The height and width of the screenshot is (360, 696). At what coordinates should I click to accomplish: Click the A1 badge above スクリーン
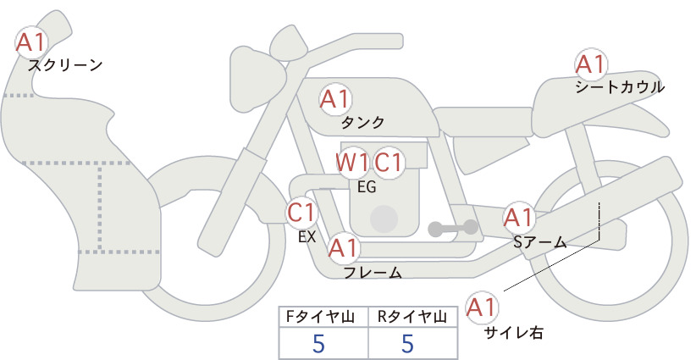31,42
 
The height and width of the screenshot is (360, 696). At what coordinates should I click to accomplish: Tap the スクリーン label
65,65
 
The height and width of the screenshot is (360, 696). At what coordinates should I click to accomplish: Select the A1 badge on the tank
335,99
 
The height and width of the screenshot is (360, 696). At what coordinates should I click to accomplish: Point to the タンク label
362,122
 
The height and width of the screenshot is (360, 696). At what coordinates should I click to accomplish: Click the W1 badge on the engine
351,163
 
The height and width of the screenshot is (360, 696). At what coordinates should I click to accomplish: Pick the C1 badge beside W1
388,163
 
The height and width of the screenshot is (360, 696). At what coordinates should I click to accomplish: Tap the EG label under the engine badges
367,187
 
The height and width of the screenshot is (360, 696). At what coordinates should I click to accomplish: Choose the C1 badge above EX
301,212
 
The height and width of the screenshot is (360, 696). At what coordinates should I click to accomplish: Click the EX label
307,237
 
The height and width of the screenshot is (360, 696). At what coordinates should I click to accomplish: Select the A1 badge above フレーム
344,247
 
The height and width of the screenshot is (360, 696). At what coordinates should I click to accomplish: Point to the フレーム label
373,272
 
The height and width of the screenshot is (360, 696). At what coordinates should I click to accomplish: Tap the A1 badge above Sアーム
518,218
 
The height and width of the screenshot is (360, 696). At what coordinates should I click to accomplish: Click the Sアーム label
540,242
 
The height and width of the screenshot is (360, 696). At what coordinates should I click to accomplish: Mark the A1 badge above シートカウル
591,64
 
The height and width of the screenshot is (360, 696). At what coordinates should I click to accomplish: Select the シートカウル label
620,87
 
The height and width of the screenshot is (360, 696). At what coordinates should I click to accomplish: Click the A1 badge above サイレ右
482,307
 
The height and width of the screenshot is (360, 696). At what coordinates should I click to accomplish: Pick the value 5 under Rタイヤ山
407,344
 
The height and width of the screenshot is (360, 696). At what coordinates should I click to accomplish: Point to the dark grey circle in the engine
384,219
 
